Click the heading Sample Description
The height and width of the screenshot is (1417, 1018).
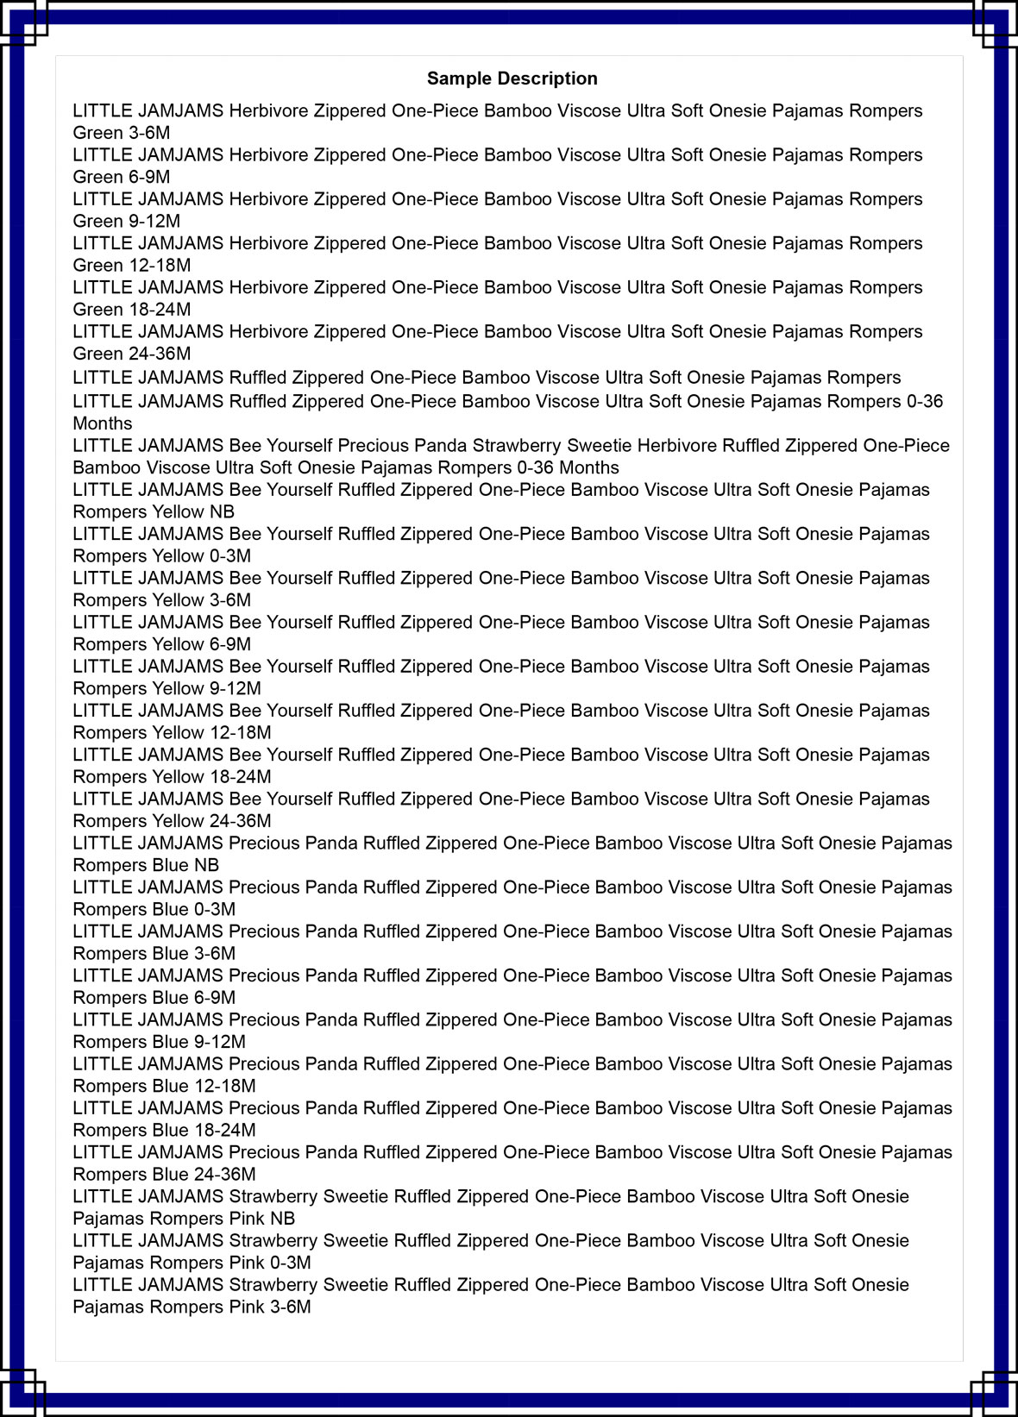click(512, 78)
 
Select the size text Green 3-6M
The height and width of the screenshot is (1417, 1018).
click(122, 133)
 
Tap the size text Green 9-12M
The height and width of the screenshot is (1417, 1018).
click(127, 221)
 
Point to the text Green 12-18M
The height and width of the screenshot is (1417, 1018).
click(132, 265)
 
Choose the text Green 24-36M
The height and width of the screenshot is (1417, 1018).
click(132, 354)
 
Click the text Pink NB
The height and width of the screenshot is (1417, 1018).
click(261, 1219)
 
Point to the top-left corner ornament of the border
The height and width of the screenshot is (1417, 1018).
click(22, 22)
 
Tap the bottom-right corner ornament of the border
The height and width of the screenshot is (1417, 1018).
click(995, 1393)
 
